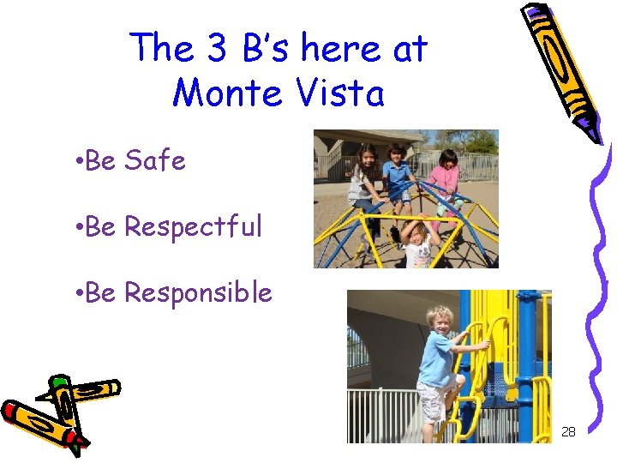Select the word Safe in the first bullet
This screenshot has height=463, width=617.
click(x=155, y=160)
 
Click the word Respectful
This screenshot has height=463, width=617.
click(x=193, y=227)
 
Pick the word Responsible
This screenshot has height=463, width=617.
click(x=198, y=293)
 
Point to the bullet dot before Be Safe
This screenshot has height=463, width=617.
click(x=77, y=161)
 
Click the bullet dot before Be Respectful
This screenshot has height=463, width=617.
click(x=77, y=228)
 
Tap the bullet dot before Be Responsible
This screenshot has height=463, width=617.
click(x=77, y=293)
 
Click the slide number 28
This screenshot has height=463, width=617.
click(x=568, y=431)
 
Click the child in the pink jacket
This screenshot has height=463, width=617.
click(x=446, y=180)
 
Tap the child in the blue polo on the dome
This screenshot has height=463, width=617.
click(x=398, y=176)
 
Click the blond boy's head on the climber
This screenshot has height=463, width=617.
click(x=439, y=317)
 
